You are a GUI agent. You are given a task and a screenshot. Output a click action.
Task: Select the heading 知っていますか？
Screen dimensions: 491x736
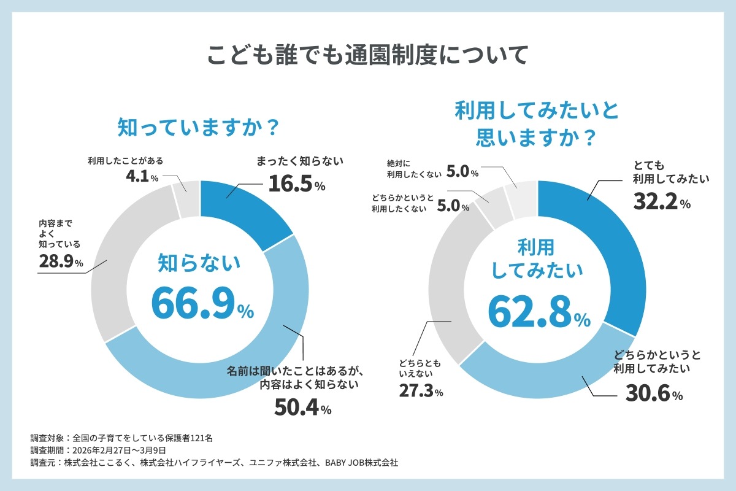(199, 128)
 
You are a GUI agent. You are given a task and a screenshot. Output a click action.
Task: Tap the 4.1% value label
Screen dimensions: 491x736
(140, 177)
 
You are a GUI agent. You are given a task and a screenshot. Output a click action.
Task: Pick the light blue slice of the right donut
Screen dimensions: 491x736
(540, 368)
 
